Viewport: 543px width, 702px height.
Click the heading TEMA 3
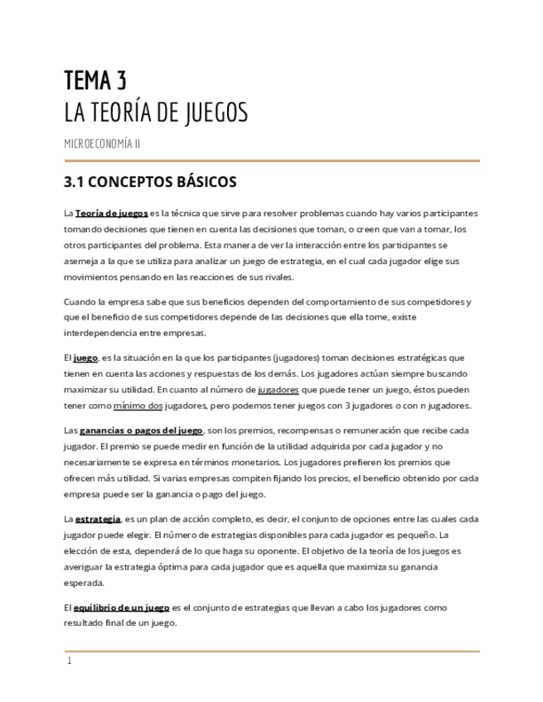click(x=95, y=80)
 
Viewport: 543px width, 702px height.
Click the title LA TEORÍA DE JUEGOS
click(x=156, y=113)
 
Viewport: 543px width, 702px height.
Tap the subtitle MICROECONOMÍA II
click(x=102, y=143)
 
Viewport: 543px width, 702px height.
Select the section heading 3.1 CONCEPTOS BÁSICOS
click(x=150, y=181)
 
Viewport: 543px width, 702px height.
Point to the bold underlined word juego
click(x=85, y=358)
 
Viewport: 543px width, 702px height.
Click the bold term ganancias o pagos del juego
click(x=141, y=430)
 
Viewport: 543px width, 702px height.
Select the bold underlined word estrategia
click(x=98, y=519)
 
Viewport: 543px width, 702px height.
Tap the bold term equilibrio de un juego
click(x=121, y=608)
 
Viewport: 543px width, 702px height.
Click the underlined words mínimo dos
click(x=138, y=406)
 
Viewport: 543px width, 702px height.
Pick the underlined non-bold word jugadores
click(x=279, y=390)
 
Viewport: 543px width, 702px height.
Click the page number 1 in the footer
click(x=70, y=661)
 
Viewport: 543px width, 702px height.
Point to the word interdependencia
click(x=101, y=333)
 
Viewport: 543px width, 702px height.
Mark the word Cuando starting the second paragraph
click(x=81, y=301)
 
